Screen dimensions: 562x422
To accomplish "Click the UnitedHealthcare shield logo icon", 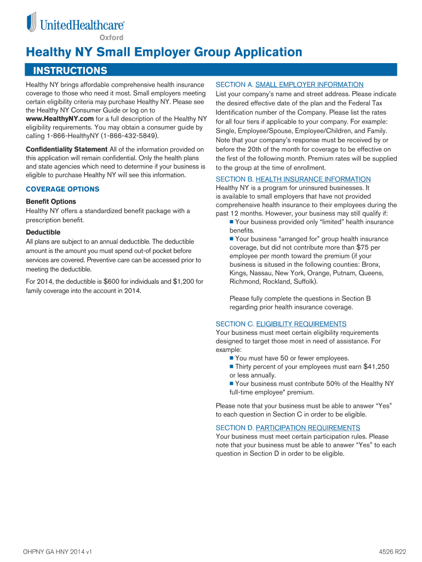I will [x=32, y=23].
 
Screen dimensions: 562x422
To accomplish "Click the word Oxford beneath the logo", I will [x=111, y=37].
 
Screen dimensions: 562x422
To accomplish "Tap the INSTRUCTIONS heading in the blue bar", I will [x=70, y=70].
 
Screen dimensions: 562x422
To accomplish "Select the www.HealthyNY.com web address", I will [x=60, y=119].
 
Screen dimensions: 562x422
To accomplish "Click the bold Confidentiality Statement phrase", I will [x=67, y=149].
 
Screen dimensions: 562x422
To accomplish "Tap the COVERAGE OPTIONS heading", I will [x=62, y=189].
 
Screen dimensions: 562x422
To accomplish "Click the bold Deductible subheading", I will [x=43, y=232].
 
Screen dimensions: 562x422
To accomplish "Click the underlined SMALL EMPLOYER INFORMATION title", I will [x=309, y=85].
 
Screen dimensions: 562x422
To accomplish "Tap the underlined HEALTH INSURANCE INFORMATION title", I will [x=313, y=179].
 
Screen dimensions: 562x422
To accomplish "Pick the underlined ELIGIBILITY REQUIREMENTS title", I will [x=301, y=324].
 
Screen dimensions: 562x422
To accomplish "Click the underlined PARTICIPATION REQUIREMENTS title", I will [x=308, y=428].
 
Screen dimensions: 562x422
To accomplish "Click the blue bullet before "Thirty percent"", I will [x=232, y=366].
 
